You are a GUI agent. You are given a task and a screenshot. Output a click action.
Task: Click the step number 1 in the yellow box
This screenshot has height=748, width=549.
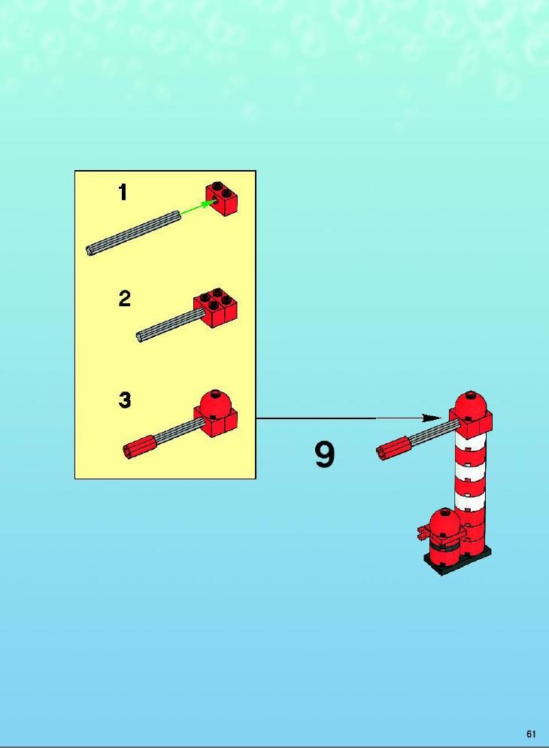click(x=123, y=192)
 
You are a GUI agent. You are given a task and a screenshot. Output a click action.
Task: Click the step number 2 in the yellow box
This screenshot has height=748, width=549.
click(x=124, y=299)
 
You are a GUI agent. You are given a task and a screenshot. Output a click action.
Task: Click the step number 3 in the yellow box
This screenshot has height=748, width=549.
click(x=124, y=400)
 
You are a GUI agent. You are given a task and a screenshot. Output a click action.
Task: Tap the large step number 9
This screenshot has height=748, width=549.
click(x=325, y=455)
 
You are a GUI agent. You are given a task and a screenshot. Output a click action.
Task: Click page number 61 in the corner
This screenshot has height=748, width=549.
click(x=532, y=734)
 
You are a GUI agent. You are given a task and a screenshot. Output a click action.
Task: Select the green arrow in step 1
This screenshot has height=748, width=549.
click(x=197, y=208)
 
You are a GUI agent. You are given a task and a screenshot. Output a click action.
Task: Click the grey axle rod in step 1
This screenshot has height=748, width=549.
click(x=133, y=233)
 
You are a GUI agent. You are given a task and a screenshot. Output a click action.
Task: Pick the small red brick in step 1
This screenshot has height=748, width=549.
click(x=222, y=199)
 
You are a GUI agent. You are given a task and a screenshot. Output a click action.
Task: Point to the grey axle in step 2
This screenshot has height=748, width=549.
click(x=171, y=324)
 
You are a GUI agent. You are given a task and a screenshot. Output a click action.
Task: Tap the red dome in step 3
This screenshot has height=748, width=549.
click(x=216, y=402)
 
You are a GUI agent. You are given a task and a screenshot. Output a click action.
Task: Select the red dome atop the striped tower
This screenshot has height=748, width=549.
click(x=471, y=405)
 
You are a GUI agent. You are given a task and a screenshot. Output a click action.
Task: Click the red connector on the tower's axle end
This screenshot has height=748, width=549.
click(x=393, y=448)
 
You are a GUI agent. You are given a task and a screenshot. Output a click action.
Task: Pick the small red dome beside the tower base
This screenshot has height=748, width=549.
click(x=445, y=521)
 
